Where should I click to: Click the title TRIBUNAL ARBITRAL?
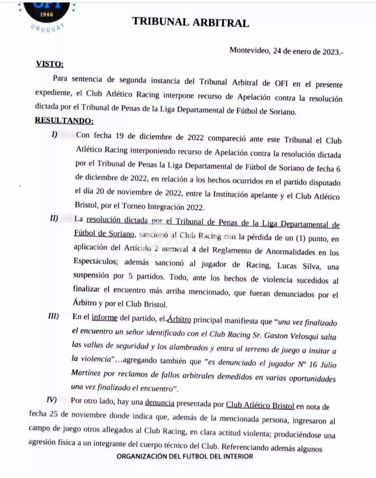[190, 22]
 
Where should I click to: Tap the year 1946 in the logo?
[47, 15]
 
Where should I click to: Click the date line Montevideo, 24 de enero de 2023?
[286, 51]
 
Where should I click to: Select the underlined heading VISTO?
[50, 64]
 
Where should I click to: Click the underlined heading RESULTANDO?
[64, 120]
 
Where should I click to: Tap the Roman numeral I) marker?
[55, 135]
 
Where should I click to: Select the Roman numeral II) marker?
[54, 218]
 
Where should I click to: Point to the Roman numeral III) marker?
[53, 316]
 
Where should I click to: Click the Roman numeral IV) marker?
[52, 400]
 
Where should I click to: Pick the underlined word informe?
[105, 317]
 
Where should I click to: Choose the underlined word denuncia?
[159, 403]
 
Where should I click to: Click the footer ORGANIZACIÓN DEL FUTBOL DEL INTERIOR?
[185, 456]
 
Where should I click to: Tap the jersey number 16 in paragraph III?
[313, 364]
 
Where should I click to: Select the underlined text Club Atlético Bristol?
[260, 406]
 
